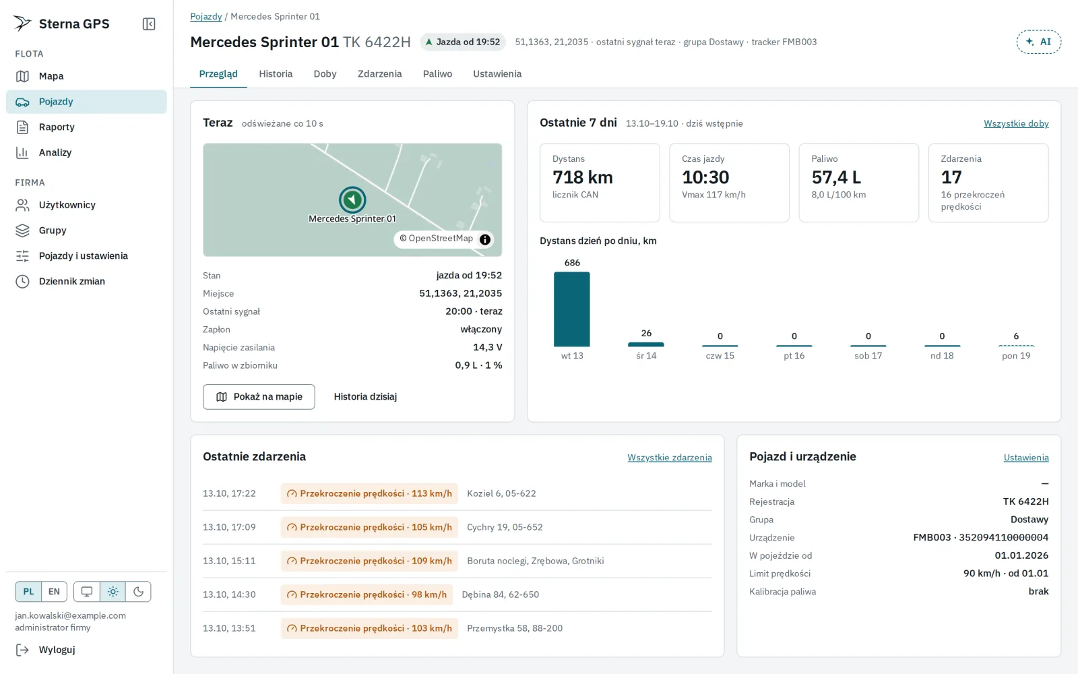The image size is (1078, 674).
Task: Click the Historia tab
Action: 276,73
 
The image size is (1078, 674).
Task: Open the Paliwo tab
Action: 437,73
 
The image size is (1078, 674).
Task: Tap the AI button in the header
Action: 1038,42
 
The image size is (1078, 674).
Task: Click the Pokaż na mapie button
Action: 259,397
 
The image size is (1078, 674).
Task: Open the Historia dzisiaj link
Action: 365,397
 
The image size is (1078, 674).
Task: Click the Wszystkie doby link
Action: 1016,123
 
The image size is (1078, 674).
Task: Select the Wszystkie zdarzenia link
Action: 670,458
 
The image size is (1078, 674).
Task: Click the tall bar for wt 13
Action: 572,309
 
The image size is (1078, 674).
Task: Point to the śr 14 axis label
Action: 646,356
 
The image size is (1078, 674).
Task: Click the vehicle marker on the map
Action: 352,200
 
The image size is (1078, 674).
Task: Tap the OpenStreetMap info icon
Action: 485,239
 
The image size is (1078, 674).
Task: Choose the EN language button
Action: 54,592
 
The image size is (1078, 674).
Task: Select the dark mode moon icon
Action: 138,592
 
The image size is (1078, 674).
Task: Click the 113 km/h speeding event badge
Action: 370,493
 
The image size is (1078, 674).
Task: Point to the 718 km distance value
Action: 582,177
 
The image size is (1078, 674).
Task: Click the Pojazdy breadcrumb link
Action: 206,16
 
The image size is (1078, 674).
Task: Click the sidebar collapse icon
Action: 149,24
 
